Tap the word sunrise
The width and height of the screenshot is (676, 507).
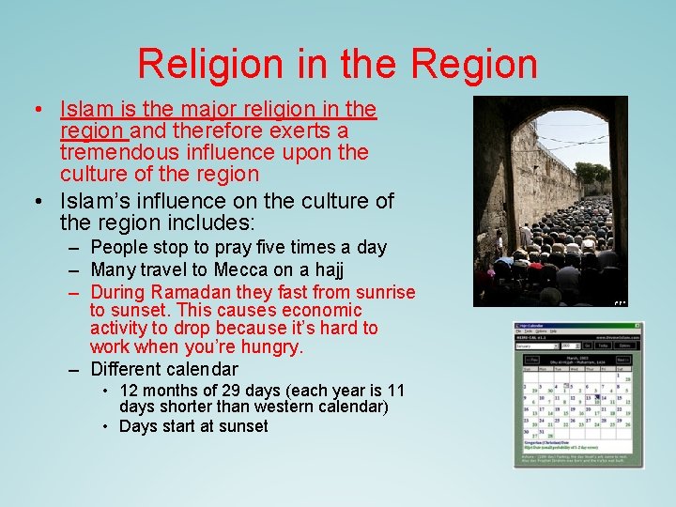[x=382, y=292]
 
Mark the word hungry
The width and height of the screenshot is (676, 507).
[x=269, y=347]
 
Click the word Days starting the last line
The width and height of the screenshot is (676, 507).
[x=138, y=426]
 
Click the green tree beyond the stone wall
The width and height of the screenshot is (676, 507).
[x=592, y=173]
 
